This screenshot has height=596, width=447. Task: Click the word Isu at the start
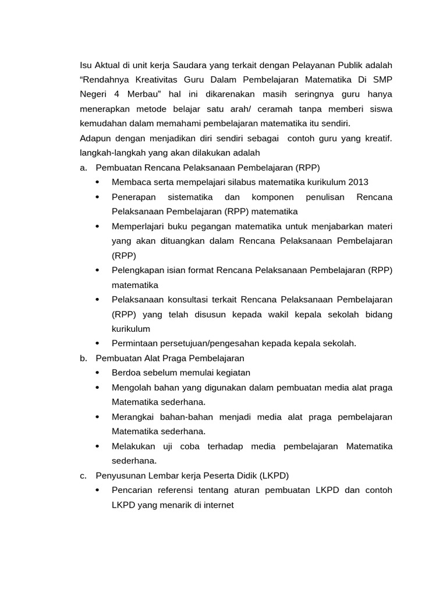point(86,64)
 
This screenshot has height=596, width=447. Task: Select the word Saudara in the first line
point(189,64)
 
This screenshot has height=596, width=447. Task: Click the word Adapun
point(95,139)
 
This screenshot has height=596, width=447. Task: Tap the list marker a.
point(83,168)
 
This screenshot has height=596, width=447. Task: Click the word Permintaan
point(135,343)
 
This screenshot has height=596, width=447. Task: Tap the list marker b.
point(83,358)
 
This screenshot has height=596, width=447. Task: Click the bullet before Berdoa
point(97,372)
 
